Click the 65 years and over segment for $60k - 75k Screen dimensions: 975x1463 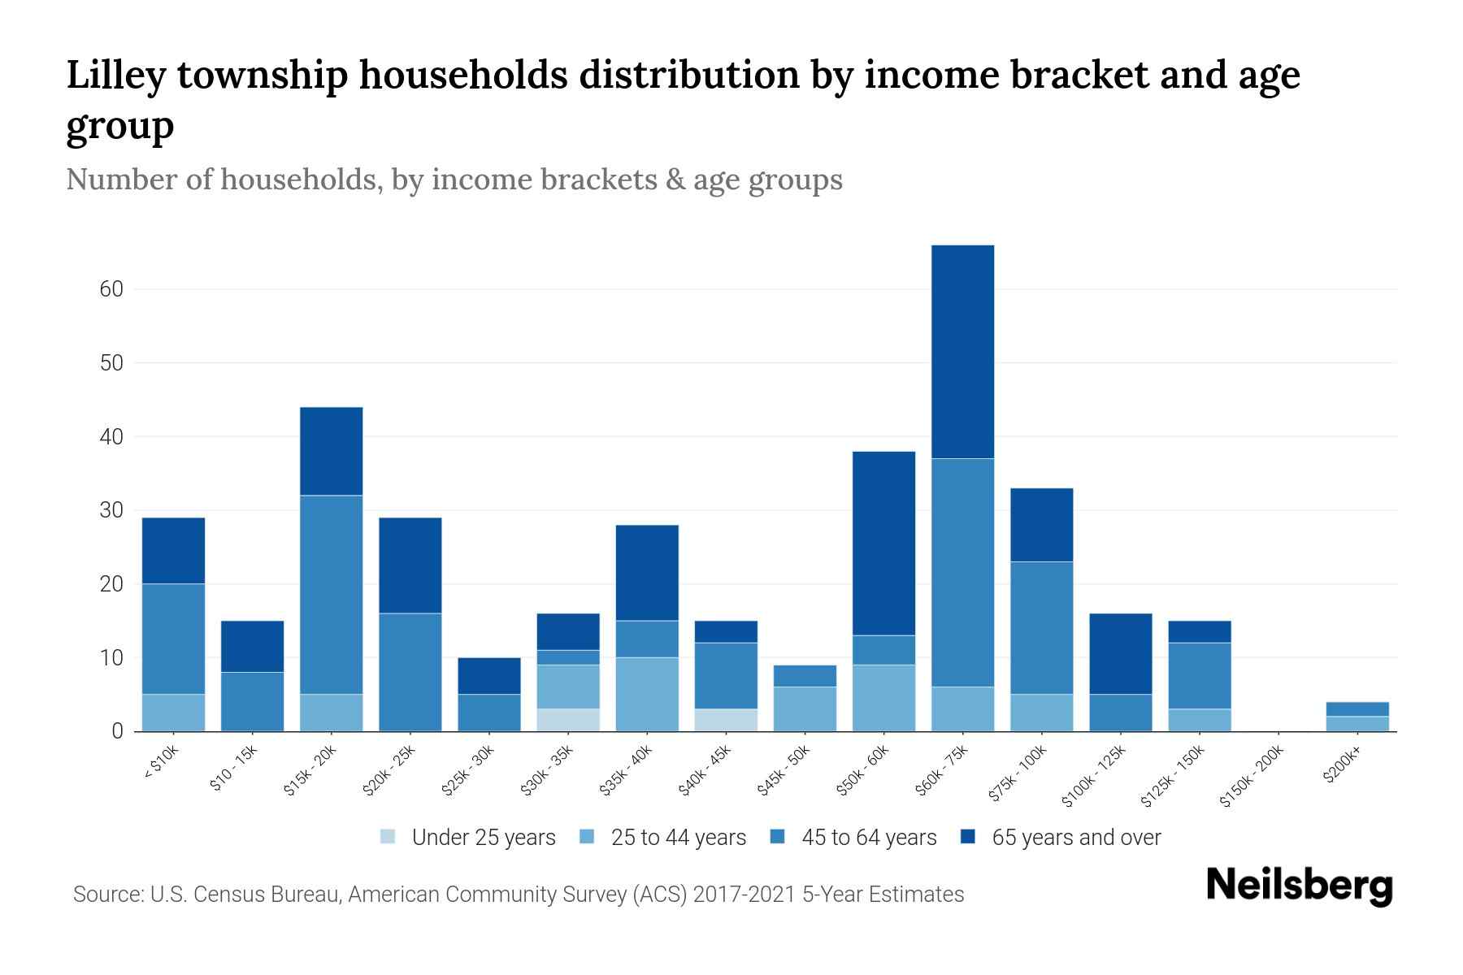962,352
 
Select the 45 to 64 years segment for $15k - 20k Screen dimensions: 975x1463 331,595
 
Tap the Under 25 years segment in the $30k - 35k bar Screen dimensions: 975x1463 568,720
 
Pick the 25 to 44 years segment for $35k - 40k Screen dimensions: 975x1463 647,694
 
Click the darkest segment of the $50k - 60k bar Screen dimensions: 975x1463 883,543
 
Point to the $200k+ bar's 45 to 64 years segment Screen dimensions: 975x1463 1357,709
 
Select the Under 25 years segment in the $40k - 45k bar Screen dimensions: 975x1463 726,720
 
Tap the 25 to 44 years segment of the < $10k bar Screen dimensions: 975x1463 173,713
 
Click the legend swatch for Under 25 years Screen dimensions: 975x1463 389,837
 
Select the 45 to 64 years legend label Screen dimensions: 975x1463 869,838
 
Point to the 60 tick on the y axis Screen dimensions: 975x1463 111,289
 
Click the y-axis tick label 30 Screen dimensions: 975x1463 111,510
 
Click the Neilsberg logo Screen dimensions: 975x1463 1299,886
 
